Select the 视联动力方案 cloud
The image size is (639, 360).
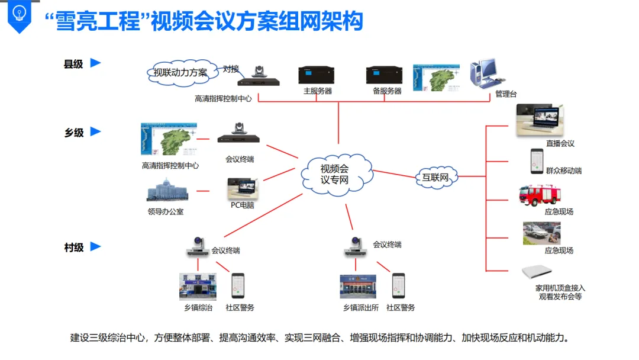(x=180, y=72)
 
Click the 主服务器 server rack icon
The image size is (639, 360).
(x=318, y=75)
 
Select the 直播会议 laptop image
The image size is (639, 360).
(x=540, y=121)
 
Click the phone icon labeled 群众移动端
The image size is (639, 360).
(x=537, y=161)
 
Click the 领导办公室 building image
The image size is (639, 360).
(x=168, y=191)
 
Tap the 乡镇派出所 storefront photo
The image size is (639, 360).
(x=358, y=287)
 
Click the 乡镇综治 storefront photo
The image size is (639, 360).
(x=198, y=287)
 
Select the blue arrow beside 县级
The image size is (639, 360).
(x=95, y=63)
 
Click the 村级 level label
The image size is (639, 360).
(x=73, y=247)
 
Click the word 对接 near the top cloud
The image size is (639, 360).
(x=231, y=69)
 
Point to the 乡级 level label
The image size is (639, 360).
(x=74, y=133)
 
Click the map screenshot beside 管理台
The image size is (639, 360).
(x=437, y=78)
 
